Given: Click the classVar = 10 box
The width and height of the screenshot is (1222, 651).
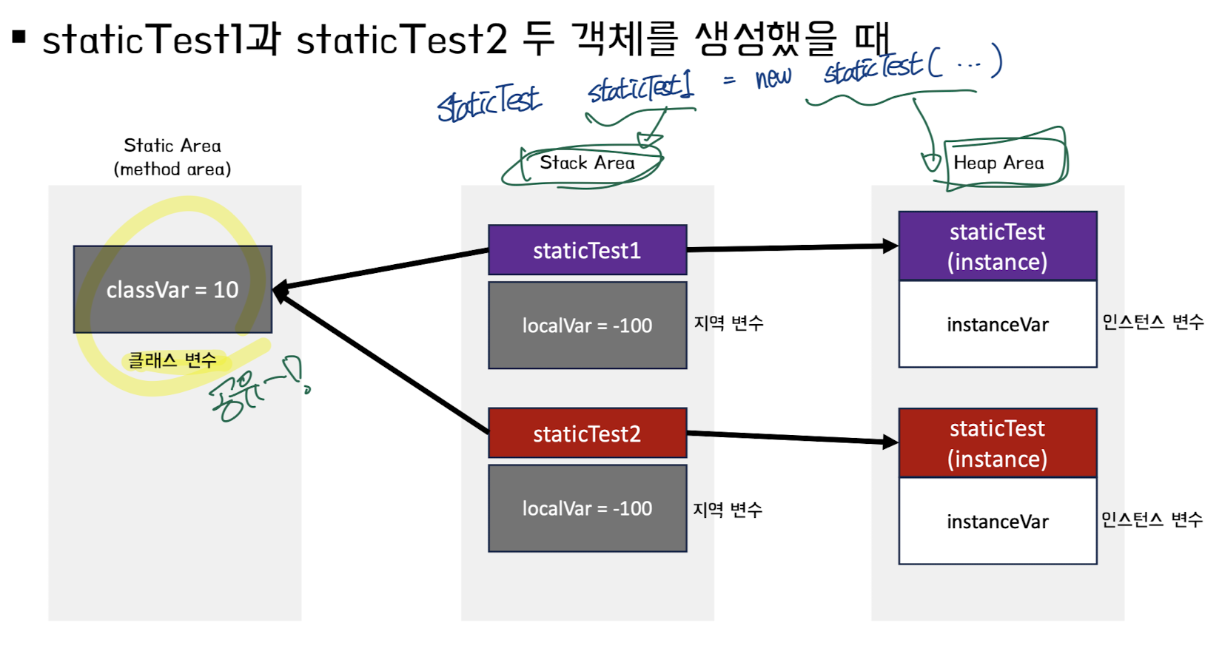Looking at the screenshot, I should tap(172, 289).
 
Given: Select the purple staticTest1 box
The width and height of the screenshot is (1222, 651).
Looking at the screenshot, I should tap(587, 250).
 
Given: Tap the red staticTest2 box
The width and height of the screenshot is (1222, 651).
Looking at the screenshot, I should tap(587, 434).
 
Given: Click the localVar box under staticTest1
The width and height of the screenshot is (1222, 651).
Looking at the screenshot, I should tap(587, 325).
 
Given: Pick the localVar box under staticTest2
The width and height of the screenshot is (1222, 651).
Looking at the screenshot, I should tap(587, 508).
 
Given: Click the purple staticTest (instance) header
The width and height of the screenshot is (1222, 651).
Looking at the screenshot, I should tap(997, 246).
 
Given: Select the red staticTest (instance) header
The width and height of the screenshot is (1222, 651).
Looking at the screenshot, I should tap(997, 443).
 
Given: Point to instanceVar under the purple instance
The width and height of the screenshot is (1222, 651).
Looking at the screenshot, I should tap(997, 325).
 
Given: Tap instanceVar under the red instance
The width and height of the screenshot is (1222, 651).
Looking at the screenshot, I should tap(997, 522).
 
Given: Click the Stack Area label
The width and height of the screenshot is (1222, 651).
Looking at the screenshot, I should tap(587, 163).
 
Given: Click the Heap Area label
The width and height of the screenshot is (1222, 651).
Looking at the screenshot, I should tap(998, 163).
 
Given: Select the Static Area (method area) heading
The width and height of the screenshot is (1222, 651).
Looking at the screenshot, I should tap(172, 157).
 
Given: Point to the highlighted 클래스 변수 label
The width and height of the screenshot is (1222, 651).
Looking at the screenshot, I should tap(172, 360).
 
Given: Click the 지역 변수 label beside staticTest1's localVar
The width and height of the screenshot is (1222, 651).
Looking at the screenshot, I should tap(728, 323).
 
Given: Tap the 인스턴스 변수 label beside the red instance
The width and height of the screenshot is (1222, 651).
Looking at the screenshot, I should tap(1152, 519).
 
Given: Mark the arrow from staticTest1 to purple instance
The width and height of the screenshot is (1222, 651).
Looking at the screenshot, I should tap(792, 248).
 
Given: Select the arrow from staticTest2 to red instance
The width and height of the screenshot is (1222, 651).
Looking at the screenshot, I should tap(792, 438).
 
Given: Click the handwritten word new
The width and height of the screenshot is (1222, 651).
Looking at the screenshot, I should tap(773, 77).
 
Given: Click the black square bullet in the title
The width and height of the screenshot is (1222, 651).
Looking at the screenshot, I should tap(19, 36).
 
